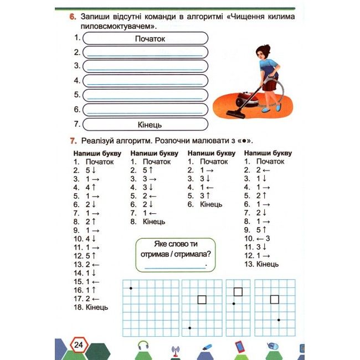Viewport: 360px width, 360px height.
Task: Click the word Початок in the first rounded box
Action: [150, 39]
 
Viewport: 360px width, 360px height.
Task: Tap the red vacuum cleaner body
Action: [241, 100]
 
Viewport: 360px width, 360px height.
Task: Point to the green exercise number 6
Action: [72, 17]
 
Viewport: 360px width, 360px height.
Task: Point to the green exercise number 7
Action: [72, 140]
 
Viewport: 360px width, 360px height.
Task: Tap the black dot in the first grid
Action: [131, 288]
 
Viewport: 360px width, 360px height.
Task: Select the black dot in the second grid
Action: [190, 328]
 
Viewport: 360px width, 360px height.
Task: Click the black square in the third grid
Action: [238, 292]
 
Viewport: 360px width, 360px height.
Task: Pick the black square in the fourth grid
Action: [274, 300]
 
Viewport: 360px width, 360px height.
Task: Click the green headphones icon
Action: [143, 346]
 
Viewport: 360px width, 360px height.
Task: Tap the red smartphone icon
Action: [240, 347]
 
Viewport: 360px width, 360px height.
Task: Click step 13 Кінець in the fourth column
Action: [261, 264]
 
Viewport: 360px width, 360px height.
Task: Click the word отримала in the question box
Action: [193, 254]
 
